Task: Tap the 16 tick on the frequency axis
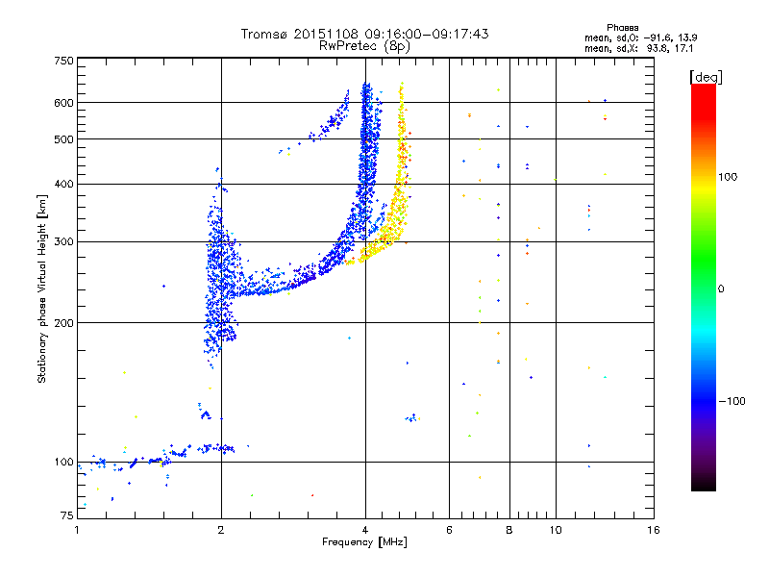click(653, 530)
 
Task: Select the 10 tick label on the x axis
click(555, 530)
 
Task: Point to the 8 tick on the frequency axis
click(509, 530)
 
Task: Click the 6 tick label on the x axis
click(450, 530)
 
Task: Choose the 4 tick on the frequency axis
click(365, 530)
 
